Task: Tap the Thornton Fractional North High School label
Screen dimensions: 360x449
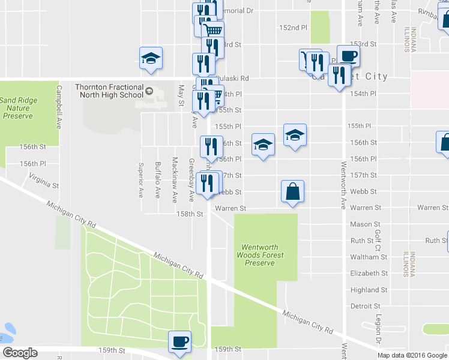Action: point(109,91)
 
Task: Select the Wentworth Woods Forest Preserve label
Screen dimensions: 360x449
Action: point(263,255)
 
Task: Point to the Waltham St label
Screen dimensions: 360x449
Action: point(369,257)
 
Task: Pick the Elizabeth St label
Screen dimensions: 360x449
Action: point(369,273)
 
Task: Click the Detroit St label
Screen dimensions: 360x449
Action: point(366,306)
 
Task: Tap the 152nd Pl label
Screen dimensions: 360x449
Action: point(294,28)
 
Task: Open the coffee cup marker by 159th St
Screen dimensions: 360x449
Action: point(179,342)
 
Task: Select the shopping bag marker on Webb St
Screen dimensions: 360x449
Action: point(292,192)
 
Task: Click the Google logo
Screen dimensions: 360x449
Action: point(20,353)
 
